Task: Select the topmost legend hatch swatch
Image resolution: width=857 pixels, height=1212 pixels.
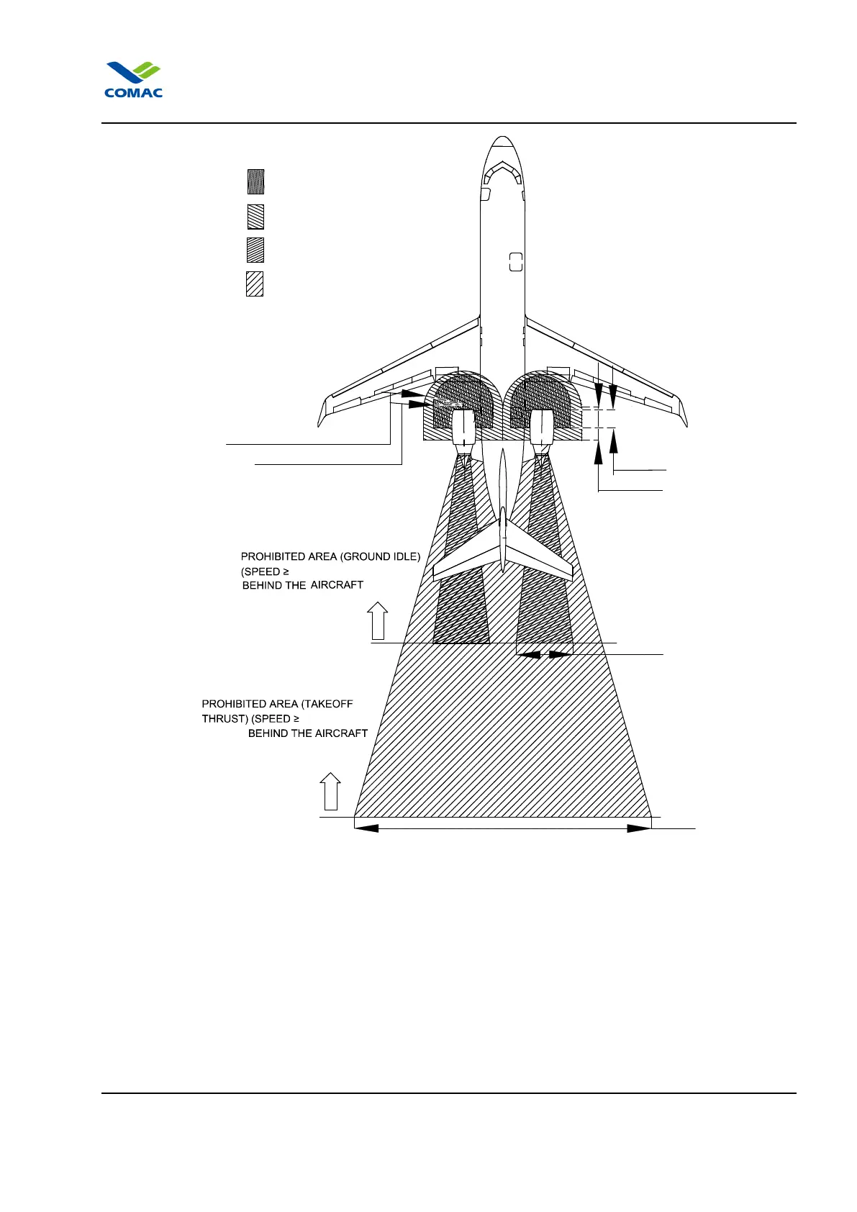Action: [255, 182]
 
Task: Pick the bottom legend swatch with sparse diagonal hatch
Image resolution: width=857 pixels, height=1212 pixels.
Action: [255, 284]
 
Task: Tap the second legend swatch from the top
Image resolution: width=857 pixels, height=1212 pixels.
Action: [255, 217]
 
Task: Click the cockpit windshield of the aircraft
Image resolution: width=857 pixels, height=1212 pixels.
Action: [502, 172]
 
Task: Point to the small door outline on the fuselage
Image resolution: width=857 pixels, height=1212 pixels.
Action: [515, 262]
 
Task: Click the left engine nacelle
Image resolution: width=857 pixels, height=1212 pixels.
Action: [464, 428]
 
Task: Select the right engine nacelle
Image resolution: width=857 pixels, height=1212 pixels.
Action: [541, 428]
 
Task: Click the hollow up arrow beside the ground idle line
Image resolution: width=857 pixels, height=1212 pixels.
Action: [377, 621]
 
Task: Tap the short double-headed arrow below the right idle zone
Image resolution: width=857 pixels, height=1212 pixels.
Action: [544, 654]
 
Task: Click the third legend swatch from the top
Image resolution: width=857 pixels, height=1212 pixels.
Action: [255, 250]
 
